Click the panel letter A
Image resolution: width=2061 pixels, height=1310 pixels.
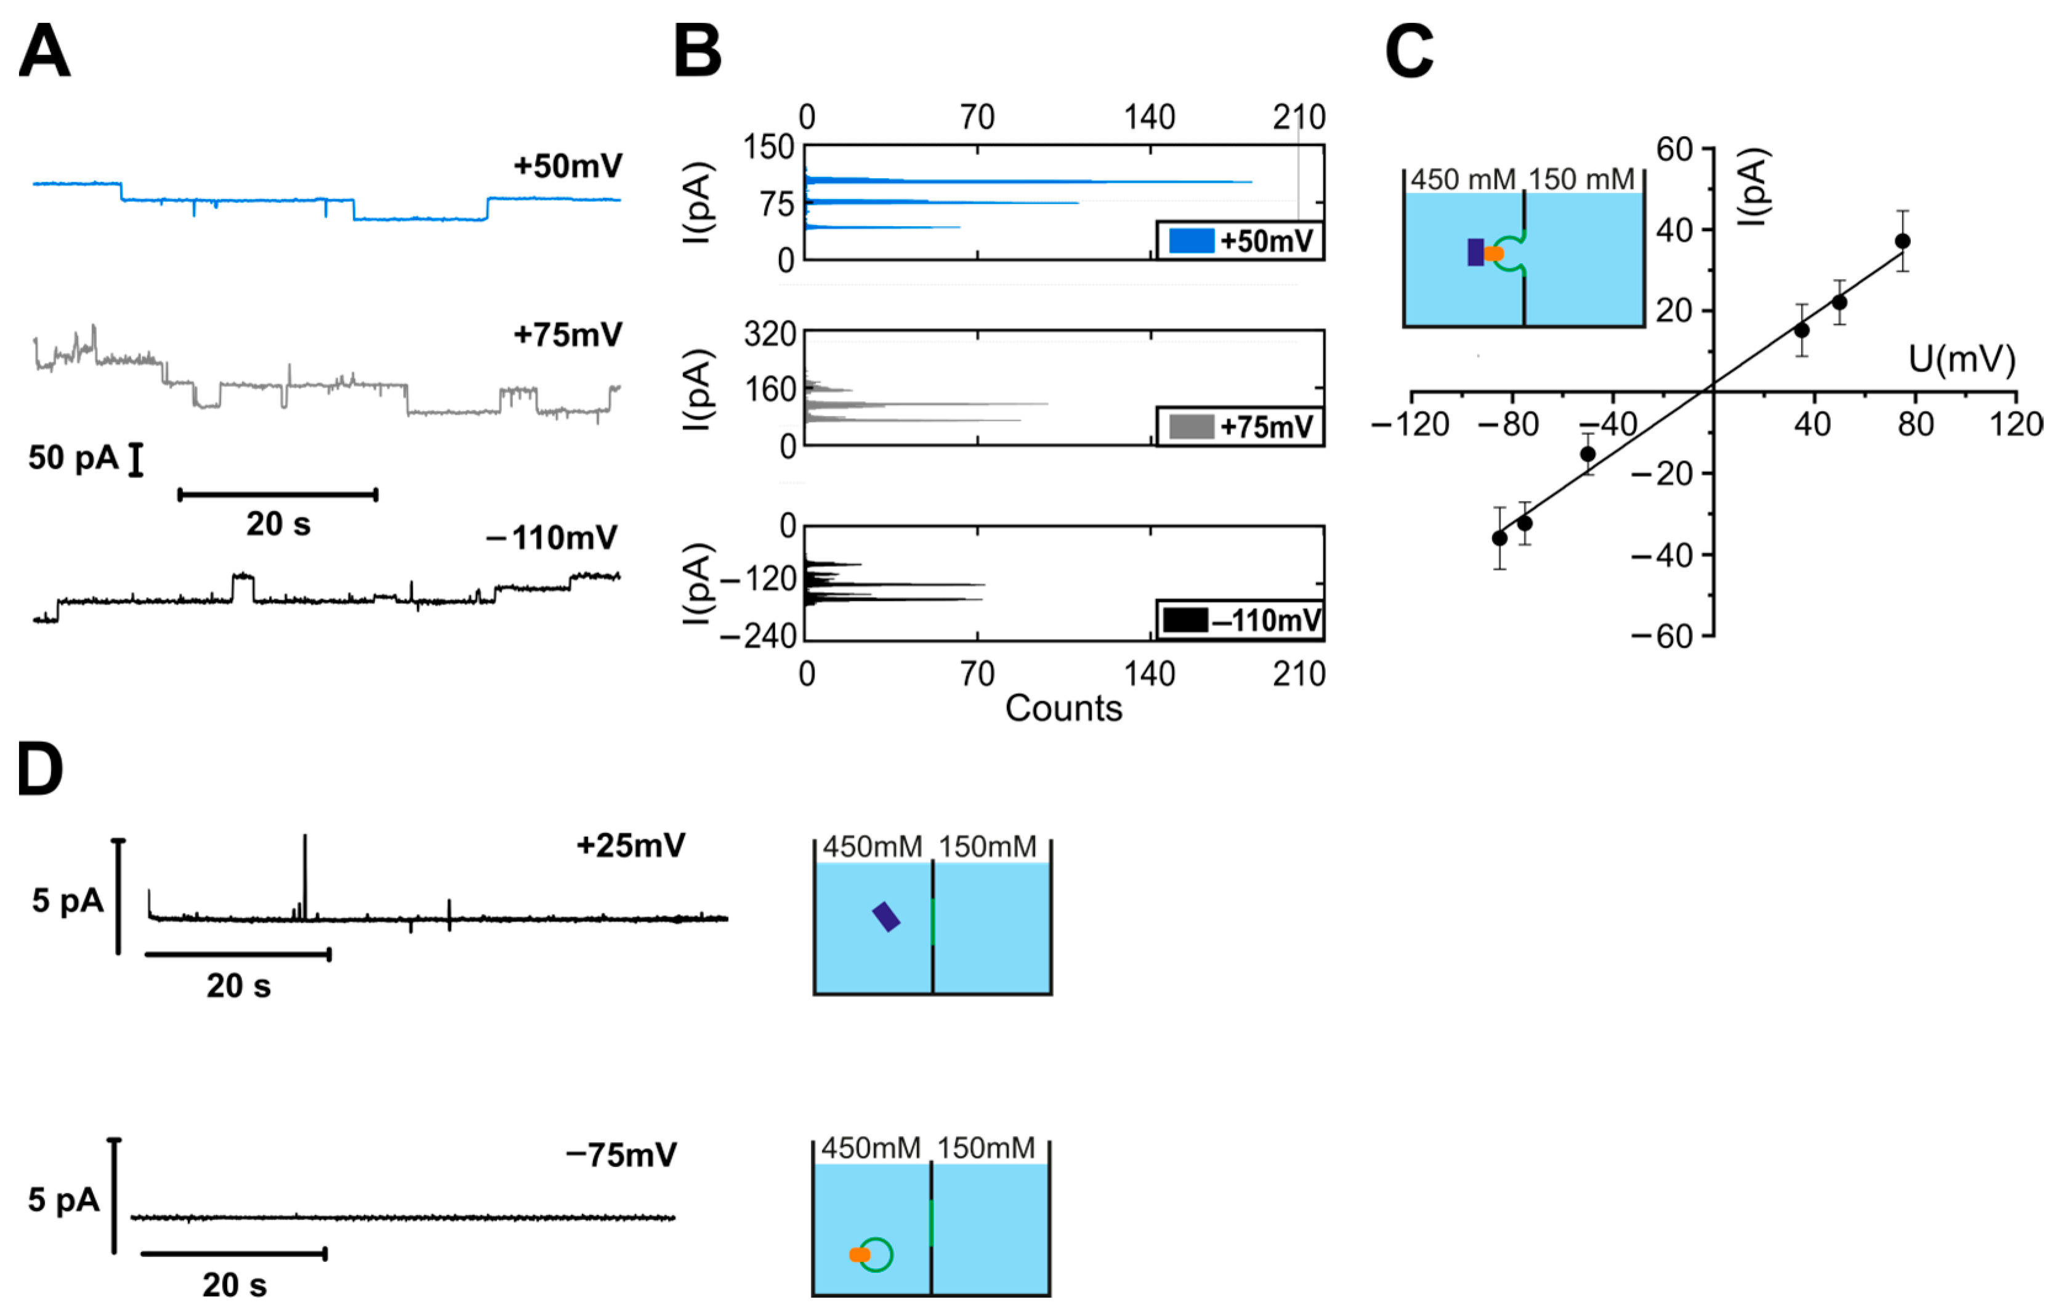click(x=44, y=51)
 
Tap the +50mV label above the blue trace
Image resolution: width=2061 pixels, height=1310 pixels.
click(x=568, y=165)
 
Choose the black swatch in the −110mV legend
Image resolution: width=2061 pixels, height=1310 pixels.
click(x=1185, y=620)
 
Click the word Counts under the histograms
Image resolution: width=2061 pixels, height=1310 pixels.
click(x=1063, y=708)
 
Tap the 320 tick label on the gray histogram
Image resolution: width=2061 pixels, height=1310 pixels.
click(x=770, y=333)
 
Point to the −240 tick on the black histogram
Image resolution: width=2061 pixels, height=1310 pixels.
click(x=758, y=636)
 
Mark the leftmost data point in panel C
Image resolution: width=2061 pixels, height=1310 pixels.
click(x=1499, y=538)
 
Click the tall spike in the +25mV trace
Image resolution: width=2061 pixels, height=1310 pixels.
click(x=305, y=873)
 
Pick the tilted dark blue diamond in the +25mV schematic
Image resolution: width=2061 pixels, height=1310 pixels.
click(x=886, y=916)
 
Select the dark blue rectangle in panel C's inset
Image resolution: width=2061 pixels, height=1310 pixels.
click(x=1475, y=253)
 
